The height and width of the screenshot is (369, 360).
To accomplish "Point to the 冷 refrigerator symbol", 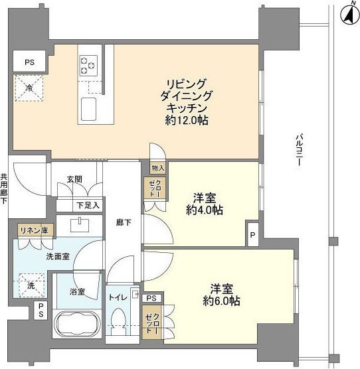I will pos(30,87).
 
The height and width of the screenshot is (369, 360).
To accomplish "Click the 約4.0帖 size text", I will pos(203,210).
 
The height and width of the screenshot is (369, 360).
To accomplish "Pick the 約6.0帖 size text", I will pos(221,300).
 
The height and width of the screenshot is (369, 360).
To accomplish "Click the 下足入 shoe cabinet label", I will pos(88,205).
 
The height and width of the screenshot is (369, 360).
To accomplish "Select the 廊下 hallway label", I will pos(123,222).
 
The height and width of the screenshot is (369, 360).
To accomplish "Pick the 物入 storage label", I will pos(157,168).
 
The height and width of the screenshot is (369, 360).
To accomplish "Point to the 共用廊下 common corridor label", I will pos(5,187).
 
